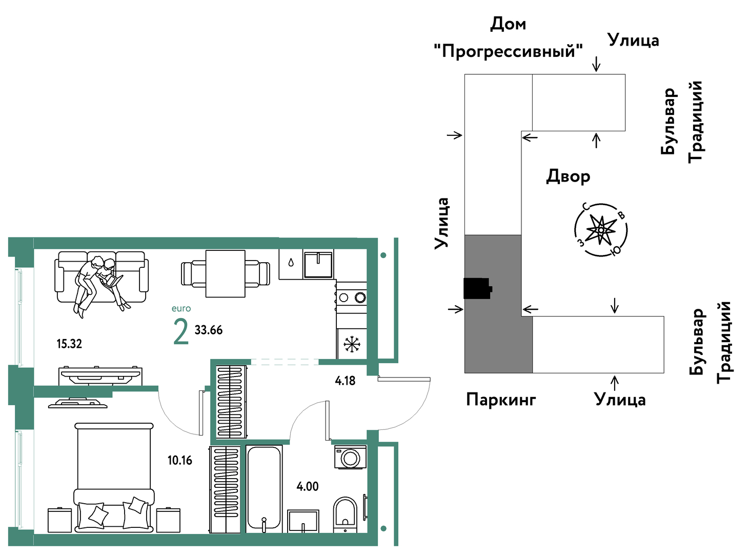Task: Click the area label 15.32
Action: point(69,344)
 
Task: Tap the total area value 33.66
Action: point(208,330)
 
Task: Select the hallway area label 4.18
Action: point(345,381)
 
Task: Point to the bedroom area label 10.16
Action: point(179,460)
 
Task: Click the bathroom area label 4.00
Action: point(307,486)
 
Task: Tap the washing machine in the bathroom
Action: point(350,458)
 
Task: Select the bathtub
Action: point(264,489)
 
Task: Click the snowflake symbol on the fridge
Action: point(352,344)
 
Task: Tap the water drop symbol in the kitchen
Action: point(291,263)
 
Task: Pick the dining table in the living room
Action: point(226,274)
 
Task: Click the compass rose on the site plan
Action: point(601,230)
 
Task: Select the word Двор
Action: point(568,177)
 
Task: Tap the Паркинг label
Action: point(501,400)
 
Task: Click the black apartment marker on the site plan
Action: point(477,288)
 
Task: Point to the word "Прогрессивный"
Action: point(508,51)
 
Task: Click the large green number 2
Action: point(180,332)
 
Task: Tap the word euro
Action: point(181,309)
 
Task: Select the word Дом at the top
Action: point(508,24)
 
